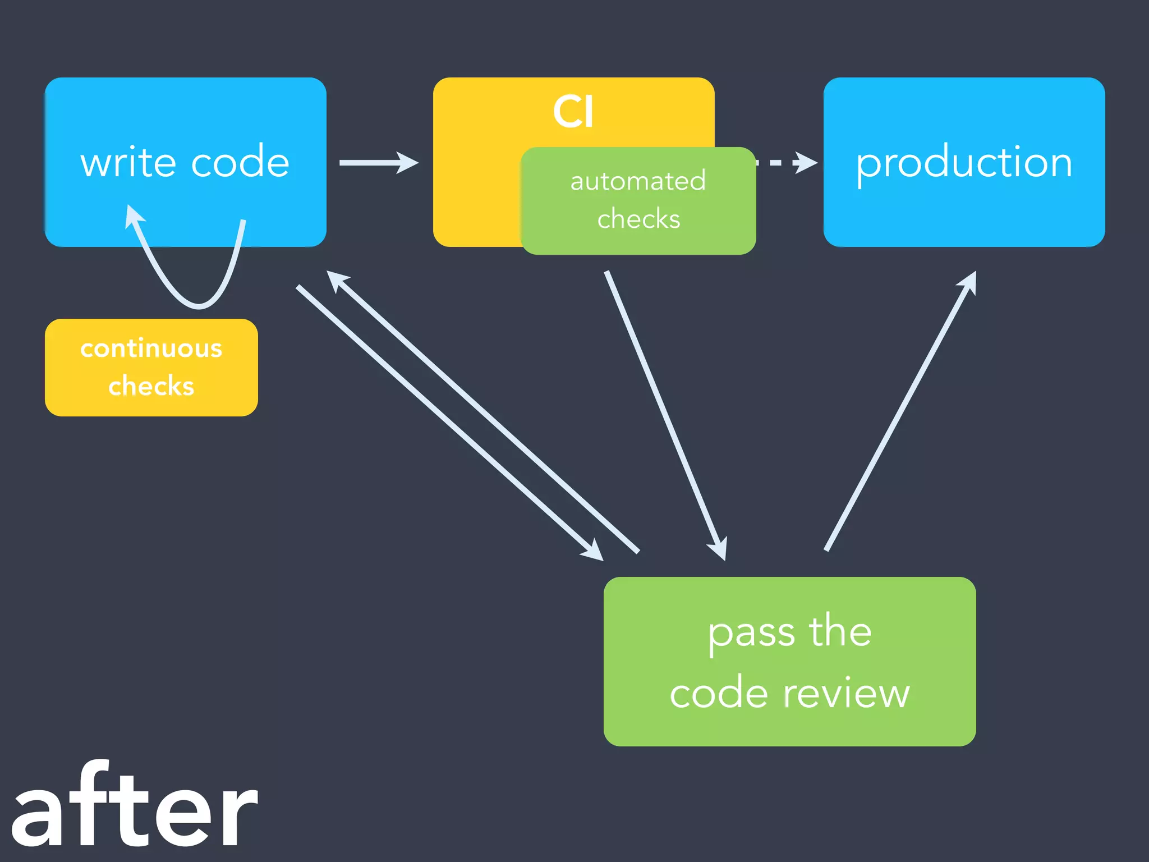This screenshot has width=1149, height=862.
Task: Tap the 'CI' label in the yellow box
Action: pos(573,112)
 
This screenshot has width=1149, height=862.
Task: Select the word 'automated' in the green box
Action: pos(638,181)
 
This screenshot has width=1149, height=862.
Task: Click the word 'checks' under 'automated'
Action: pos(638,219)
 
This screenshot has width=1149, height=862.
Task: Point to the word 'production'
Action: pos(964,163)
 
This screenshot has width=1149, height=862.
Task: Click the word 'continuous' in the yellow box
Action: pos(151,349)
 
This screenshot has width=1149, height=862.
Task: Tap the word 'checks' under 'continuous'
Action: pos(151,386)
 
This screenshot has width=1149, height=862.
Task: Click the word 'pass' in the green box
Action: pos(751,633)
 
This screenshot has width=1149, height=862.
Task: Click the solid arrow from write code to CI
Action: pos(379,163)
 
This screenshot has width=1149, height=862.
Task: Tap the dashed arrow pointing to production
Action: pos(785,163)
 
